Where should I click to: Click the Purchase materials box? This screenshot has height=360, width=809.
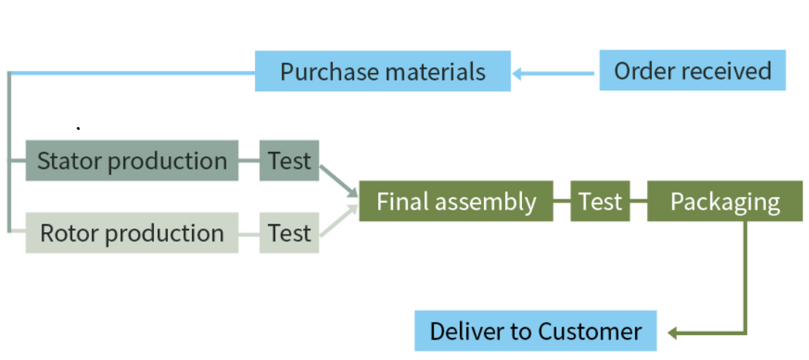click(x=383, y=72)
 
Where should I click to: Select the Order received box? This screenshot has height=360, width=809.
click(x=692, y=71)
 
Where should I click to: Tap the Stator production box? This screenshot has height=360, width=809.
click(x=132, y=161)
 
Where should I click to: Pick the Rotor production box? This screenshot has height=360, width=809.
click(x=132, y=233)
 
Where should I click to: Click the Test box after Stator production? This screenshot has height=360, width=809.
click(x=289, y=161)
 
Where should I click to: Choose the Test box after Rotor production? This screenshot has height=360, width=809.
click(x=289, y=233)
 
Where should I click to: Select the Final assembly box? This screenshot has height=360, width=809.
click(x=456, y=202)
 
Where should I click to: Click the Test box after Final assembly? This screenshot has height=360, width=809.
click(x=600, y=202)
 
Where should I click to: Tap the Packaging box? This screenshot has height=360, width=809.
click(x=725, y=202)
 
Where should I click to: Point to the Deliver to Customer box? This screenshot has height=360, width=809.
click(x=535, y=331)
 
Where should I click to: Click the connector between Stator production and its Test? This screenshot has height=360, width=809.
click(x=249, y=161)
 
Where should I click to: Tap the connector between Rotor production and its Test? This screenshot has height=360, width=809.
click(x=249, y=234)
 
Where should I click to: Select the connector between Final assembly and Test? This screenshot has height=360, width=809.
click(x=561, y=202)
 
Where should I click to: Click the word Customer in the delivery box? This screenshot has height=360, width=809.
click(x=589, y=332)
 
